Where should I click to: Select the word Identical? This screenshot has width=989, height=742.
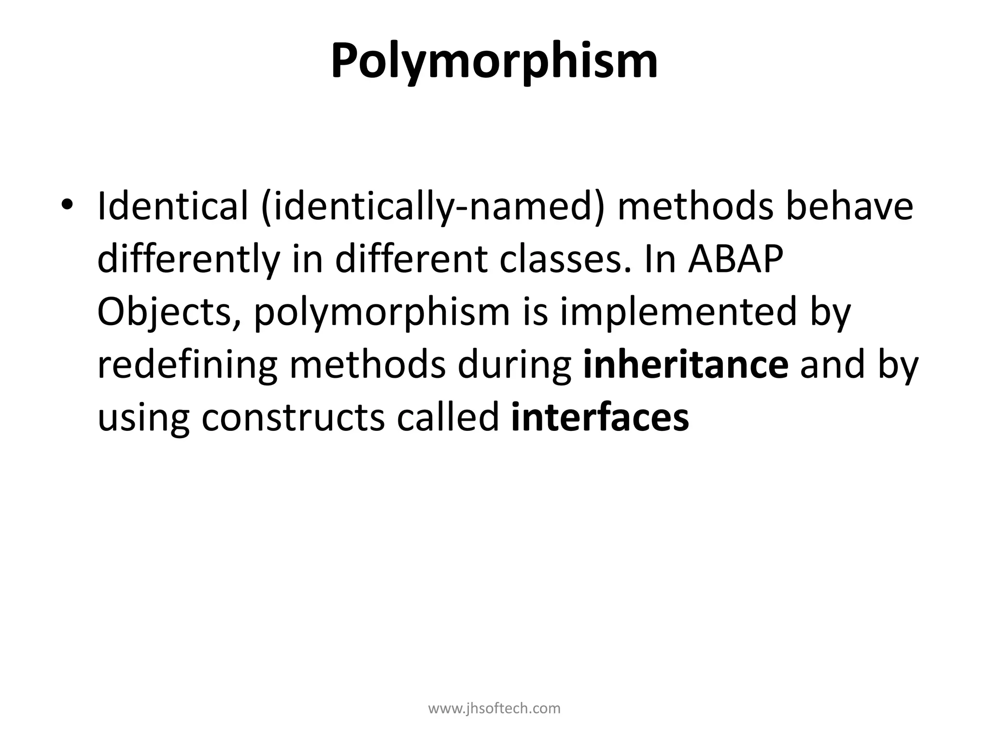(172, 206)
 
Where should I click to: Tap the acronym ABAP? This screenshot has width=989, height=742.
(735, 260)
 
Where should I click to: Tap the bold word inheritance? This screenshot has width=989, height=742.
(686, 366)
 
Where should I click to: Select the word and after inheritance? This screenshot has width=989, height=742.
(832, 366)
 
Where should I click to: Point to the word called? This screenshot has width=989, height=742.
(448, 418)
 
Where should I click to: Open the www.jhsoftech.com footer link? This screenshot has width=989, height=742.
(494, 709)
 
